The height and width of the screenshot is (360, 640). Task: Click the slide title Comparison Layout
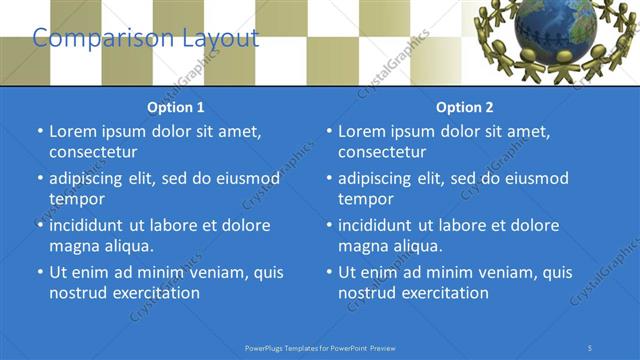(145, 39)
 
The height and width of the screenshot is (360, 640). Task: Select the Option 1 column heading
(176, 107)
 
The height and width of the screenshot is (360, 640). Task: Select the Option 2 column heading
(465, 107)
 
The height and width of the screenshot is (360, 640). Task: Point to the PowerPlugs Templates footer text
(320, 347)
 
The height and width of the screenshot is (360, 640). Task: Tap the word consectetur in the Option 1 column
(93, 152)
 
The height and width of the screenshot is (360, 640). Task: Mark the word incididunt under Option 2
(380, 225)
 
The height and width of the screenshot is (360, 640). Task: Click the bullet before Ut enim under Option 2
(330, 272)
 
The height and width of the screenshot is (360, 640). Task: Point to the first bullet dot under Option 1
(41, 131)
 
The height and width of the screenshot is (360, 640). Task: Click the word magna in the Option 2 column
(362, 246)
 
